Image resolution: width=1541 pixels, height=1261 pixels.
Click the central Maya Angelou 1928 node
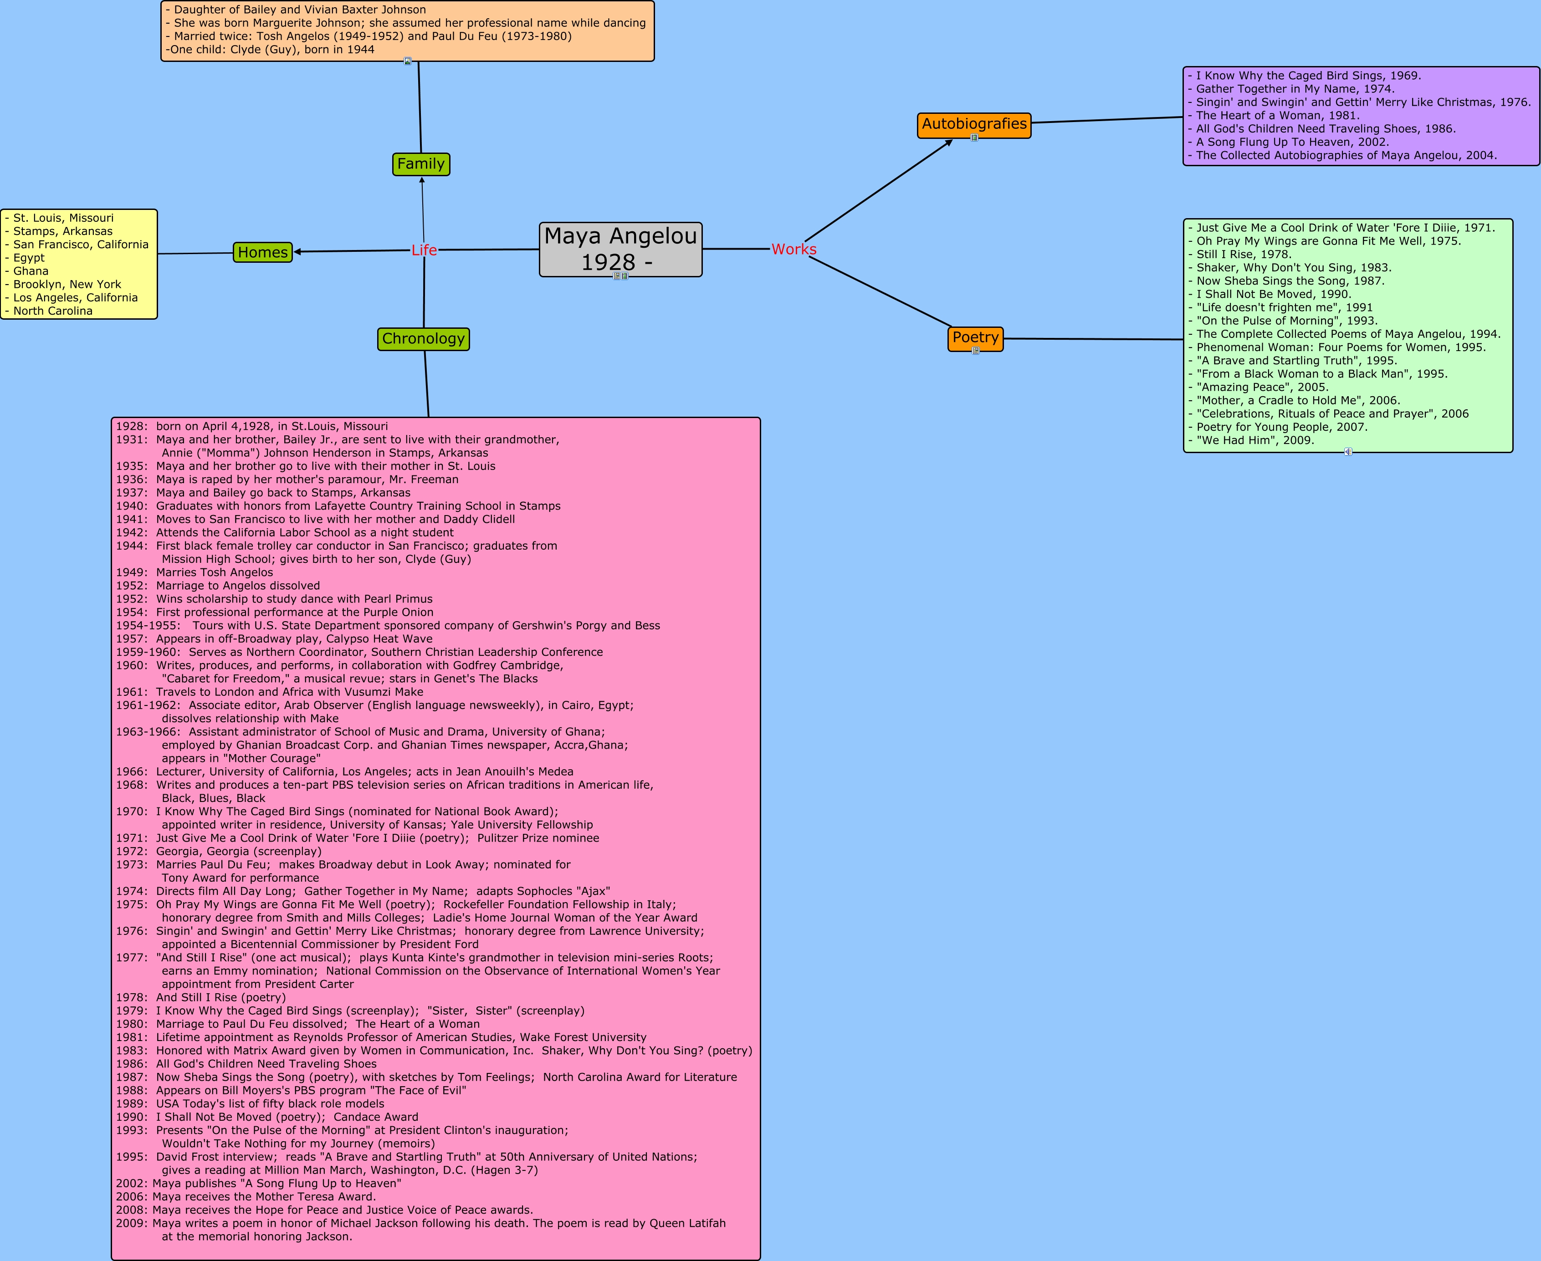(x=620, y=249)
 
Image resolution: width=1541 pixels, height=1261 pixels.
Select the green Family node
(x=421, y=164)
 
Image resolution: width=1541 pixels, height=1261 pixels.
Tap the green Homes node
(x=262, y=252)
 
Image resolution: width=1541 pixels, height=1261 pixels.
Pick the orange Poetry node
(x=975, y=338)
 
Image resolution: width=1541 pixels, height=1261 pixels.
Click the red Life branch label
(x=424, y=250)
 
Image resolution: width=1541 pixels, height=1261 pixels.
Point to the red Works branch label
(x=794, y=249)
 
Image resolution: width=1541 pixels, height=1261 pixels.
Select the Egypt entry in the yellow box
(x=29, y=258)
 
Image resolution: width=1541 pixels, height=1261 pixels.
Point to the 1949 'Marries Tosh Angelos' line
(x=195, y=572)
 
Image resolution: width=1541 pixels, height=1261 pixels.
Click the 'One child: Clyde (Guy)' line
(x=270, y=49)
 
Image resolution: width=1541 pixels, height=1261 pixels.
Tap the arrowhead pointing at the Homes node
(x=297, y=252)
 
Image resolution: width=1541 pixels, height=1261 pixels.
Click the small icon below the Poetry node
(x=976, y=351)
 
